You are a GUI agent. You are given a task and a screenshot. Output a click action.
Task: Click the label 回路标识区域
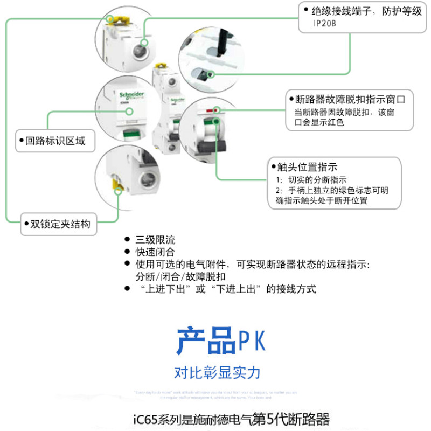click(x=55, y=142)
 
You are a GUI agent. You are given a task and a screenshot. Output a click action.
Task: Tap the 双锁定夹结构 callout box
click(x=60, y=224)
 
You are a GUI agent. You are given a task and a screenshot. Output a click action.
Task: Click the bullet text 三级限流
click(x=155, y=240)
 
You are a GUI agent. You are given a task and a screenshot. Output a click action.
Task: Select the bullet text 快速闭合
click(x=155, y=252)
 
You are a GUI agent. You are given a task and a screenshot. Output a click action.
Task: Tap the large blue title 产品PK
click(x=221, y=340)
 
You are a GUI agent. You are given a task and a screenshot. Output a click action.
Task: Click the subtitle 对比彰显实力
click(x=217, y=372)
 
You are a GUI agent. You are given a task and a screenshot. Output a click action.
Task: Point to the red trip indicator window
click(x=211, y=110)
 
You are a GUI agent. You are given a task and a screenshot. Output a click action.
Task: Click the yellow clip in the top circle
click(x=114, y=21)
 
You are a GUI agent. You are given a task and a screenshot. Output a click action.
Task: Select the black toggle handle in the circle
click(x=207, y=148)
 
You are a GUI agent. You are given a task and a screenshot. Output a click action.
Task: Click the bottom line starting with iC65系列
click(x=231, y=419)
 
